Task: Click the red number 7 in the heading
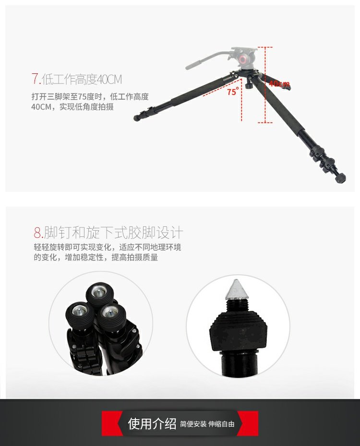pyautogui.click(x=35, y=79)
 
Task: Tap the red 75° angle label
pyautogui.click(x=233, y=91)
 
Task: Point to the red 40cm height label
pyautogui.click(x=279, y=83)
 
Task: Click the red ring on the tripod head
pyautogui.click(x=244, y=60)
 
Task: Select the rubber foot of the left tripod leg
pyautogui.click(x=137, y=118)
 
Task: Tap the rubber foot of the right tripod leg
pyautogui.click(x=341, y=178)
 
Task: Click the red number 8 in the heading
pyautogui.click(x=37, y=233)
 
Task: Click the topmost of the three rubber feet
pyautogui.click(x=100, y=295)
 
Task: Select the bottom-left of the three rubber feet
pyautogui.click(x=79, y=315)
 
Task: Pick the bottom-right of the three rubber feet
pyautogui.click(x=111, y=317)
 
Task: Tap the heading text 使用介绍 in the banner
pyautogui.click(x=152, y=423)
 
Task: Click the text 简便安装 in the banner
pyautogui.click(x=193, y=424)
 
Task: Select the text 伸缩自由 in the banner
pyautogui.click(x=221, y=424)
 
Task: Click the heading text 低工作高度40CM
pyautogui.click(x=82, y=79)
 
